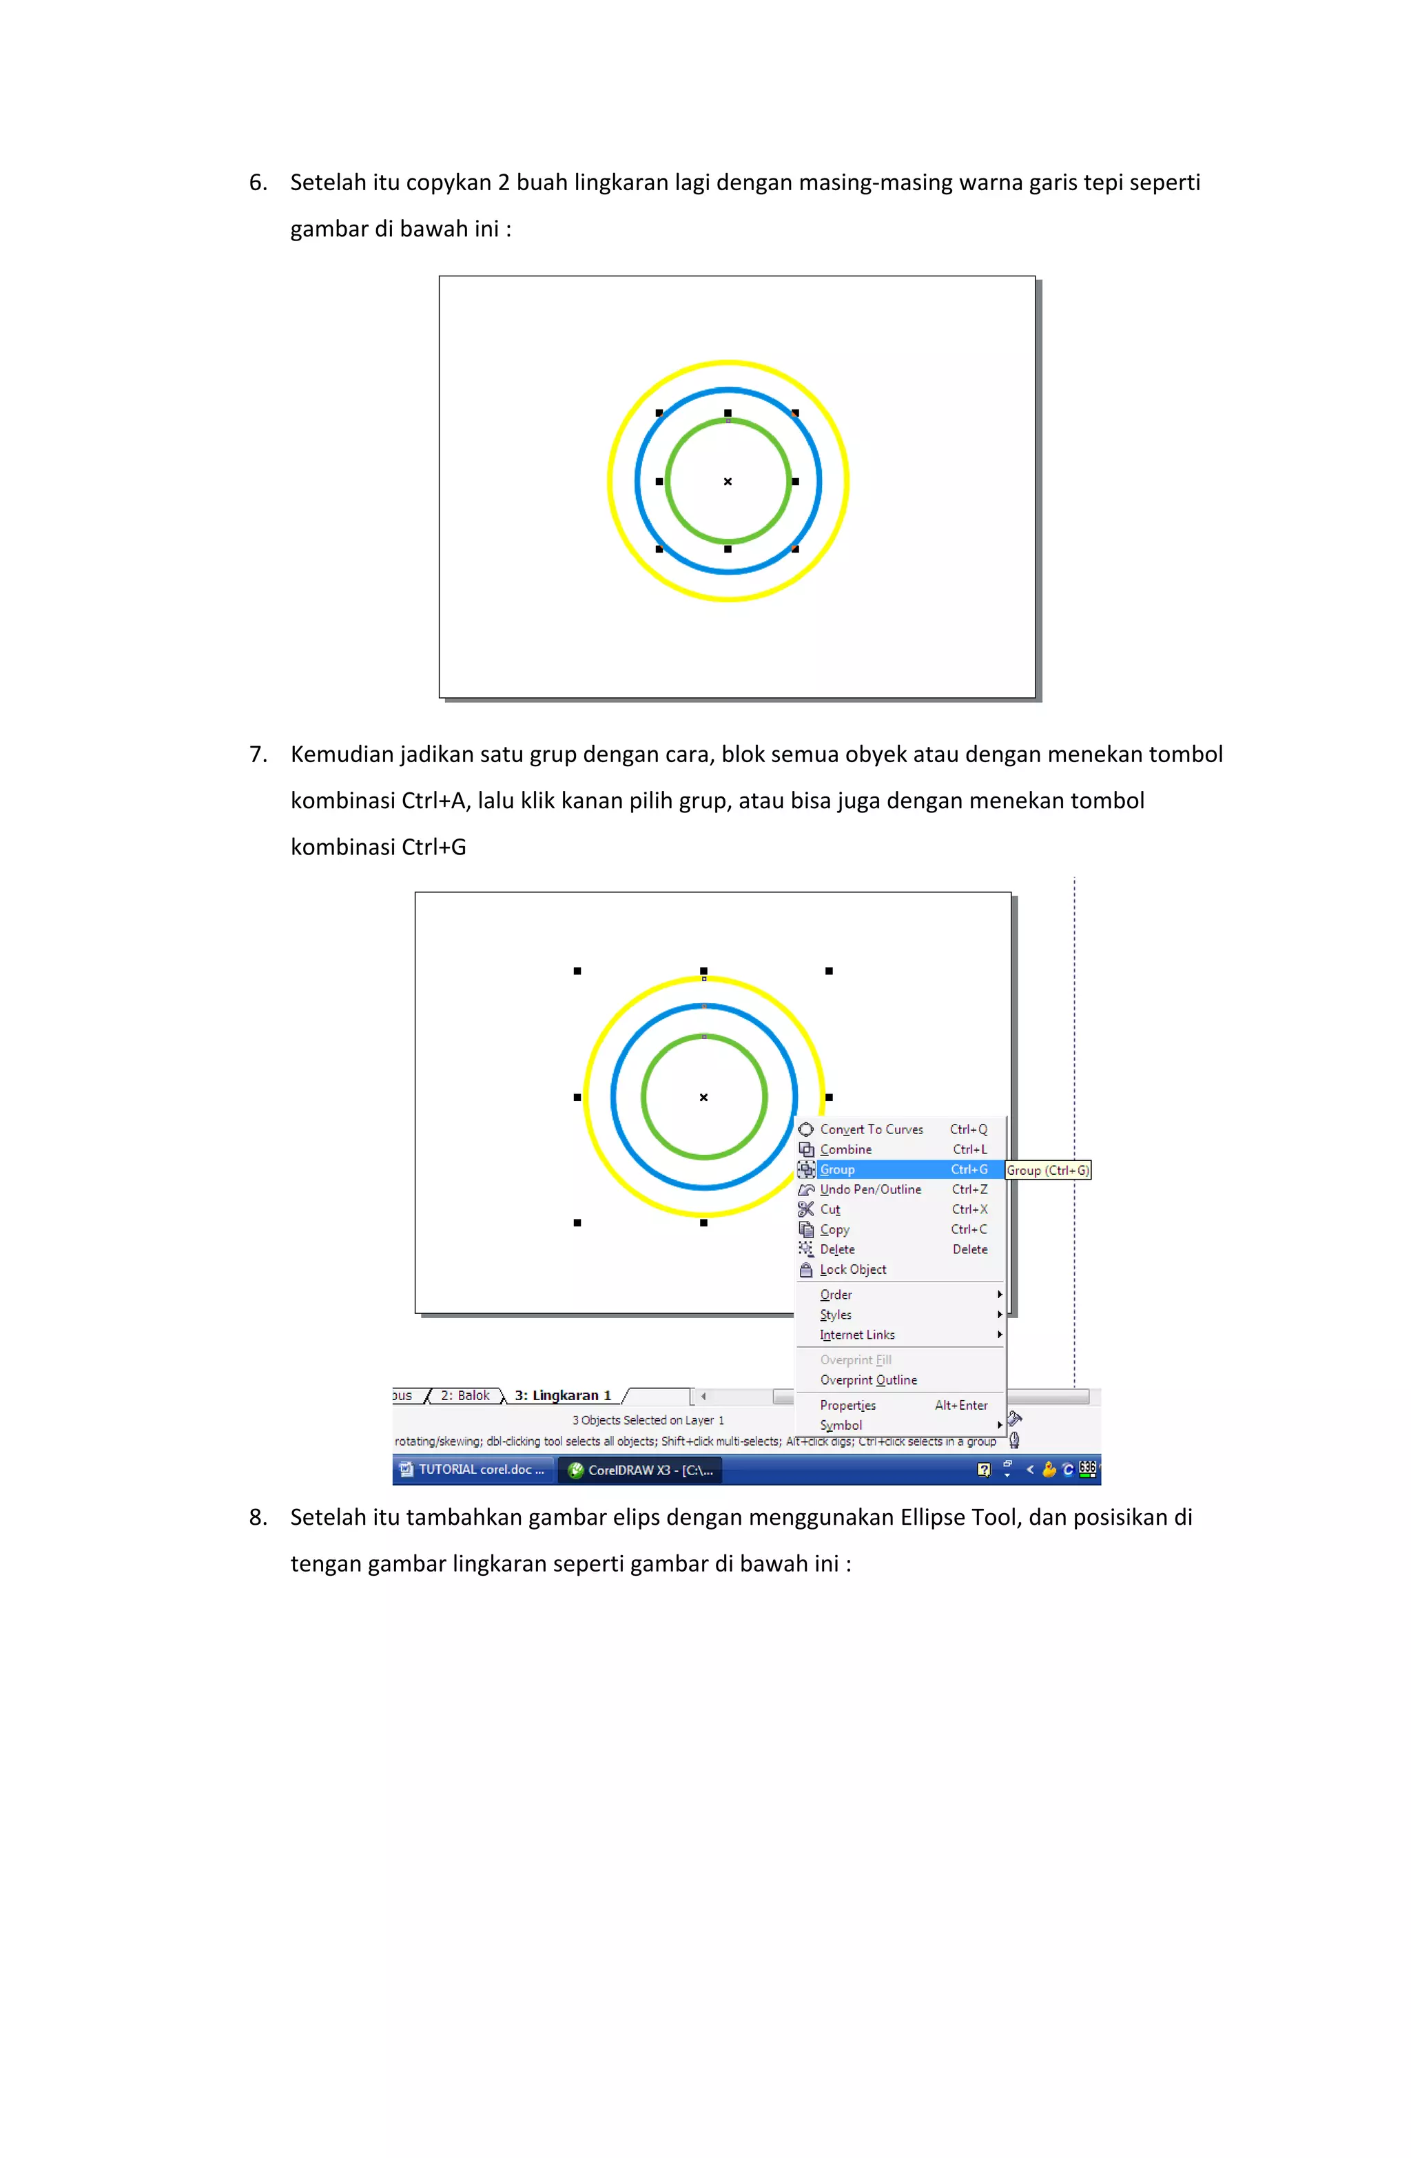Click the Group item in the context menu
(x=838, y=1170)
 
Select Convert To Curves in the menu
(x=871, y=1129)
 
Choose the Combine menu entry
(x=845, y=1149)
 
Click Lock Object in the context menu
(x=852, y=1269)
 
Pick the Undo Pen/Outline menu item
(x=869, y=1190)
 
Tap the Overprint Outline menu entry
(x=868, y=1380)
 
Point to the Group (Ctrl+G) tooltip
(x=1047, y=1171)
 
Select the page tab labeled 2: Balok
(x=464, y=1395)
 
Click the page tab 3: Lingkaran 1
(x=562, y=1395)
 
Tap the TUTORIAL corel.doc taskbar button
(x=473, y=1470)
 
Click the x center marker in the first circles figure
(x=728, y=482)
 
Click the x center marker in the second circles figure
(x=703, y=1097)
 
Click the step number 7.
(x=258, y=754)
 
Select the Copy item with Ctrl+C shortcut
(x=834, y=1229)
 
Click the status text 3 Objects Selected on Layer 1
(x=648, y=1420)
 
